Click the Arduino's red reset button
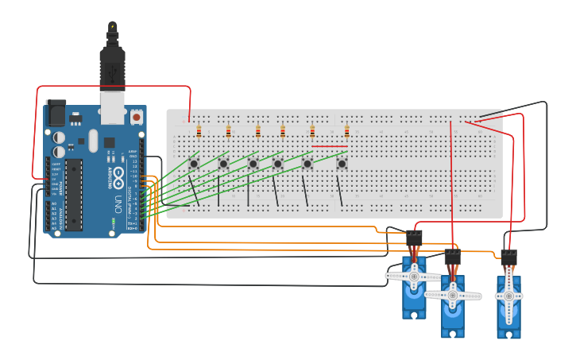pos(136,117)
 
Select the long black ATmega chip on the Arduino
pos(74,195)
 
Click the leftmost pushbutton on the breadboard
pos(194,164)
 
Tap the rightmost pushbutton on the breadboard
pos(342,164)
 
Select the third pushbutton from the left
pos(253,164)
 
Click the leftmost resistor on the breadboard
pos(199,132)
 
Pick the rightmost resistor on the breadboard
pos(346,132)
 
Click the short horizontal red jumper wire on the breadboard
pos(329,146)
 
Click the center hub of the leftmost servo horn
pos(414,276)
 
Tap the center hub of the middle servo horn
pos(453,295)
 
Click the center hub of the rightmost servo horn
pos(508,295)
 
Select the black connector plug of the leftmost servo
pos(414,237)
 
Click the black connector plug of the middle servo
pos(453,256)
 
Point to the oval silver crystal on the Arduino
pos(93,141)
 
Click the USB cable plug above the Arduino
pos(112,68)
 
